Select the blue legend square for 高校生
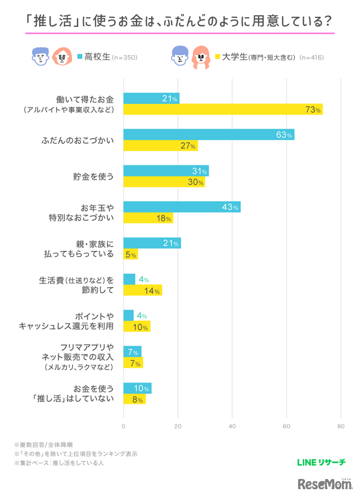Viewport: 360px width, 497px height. tap(80, 56)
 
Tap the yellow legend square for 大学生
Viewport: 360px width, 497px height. tap(217, 56)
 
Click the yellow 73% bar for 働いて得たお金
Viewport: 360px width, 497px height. tap(222, 110)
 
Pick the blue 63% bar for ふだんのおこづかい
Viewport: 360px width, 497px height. tap(208, 134)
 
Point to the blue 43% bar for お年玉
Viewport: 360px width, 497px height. tap(181, 207)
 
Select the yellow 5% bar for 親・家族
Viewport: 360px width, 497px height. tap(130, 255)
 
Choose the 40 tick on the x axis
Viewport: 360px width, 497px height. tap(232, 426)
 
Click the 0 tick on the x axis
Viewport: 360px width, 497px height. tap(123, 426)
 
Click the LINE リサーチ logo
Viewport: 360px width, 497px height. tap(320, 463)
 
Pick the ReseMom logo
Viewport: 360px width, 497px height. tap(323, 484)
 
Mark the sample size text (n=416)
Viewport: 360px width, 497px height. tap(312, 57)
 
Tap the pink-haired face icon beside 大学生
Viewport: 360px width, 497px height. tap(201, 56)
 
